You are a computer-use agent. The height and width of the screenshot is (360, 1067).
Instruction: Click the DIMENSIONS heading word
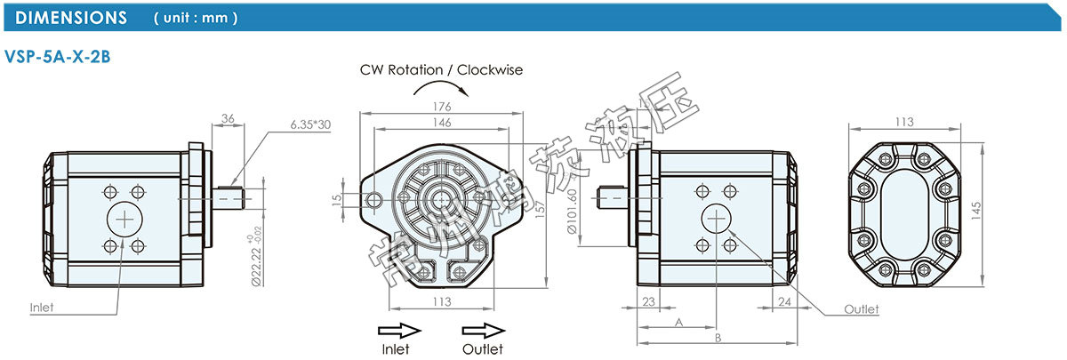click(x=72, y=17)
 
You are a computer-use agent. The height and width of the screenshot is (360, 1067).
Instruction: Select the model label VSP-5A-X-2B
click(x=57, y=55)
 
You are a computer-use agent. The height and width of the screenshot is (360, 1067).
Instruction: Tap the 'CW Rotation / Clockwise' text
click(x=441, y=69)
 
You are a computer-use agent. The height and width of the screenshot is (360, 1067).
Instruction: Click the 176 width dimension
click(x=441, y=107)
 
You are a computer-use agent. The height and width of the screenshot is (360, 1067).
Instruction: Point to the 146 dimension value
click(x=441, y=123)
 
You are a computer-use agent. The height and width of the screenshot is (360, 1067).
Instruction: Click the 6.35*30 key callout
click(x=310, y=124)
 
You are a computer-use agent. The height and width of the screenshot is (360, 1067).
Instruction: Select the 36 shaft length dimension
click(x=227, y=118)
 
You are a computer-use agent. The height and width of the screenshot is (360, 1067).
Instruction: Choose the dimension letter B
click(x=717, y=339)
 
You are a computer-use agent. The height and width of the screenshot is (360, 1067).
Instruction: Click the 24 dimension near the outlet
click(x=783, y=302)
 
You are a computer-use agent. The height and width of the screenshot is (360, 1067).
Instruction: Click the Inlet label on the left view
click(x=42, y=308)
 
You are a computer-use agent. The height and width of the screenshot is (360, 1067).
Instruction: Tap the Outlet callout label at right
click(x=861, y=309)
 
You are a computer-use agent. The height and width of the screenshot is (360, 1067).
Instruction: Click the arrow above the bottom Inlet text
click(x=397, y=330)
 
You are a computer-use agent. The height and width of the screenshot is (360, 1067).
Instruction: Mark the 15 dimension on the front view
click(x=335, y=200)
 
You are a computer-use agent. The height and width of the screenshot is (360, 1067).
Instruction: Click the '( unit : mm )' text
click(x=195, y=18)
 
